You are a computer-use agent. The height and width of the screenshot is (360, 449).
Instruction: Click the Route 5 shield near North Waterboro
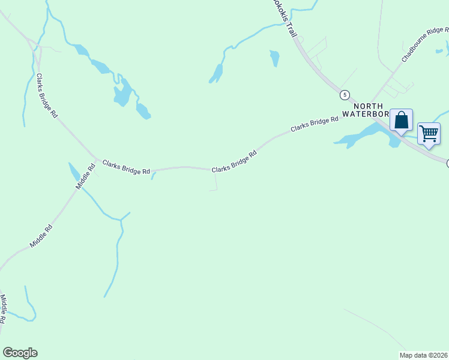click(x=345, y=95)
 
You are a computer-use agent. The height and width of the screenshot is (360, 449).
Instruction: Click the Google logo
click(x=20, y=353)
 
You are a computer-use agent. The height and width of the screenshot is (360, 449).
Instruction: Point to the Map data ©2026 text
click(x=423, y=355)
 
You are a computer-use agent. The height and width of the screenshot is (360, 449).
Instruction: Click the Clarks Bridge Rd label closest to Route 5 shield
click(x=315, y=125)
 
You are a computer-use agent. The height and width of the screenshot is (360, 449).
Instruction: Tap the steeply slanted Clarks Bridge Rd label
click(x=47, y=95)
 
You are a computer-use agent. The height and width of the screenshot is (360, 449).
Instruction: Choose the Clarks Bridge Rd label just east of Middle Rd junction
click(x=126, y=167)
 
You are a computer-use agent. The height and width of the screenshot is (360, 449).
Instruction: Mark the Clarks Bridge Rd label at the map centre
click(x=234, y=161)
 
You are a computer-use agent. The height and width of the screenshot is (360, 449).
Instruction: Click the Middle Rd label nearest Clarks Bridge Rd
click(x=85, y=178)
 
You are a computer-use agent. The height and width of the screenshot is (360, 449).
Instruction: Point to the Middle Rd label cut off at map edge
click(x=3, y=310)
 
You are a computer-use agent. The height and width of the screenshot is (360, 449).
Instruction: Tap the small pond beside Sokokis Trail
click(x=275, y=58)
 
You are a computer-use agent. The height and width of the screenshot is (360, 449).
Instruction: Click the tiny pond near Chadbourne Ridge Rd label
click(x=439, y=51)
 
